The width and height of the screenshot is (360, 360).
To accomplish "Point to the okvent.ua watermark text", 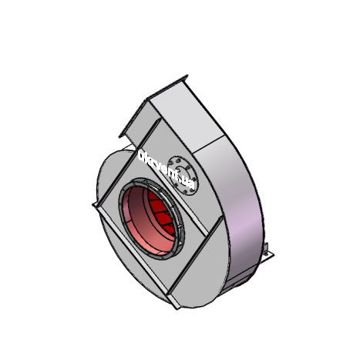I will coord(165,168).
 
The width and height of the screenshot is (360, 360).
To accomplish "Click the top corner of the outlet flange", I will coord(184,76).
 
